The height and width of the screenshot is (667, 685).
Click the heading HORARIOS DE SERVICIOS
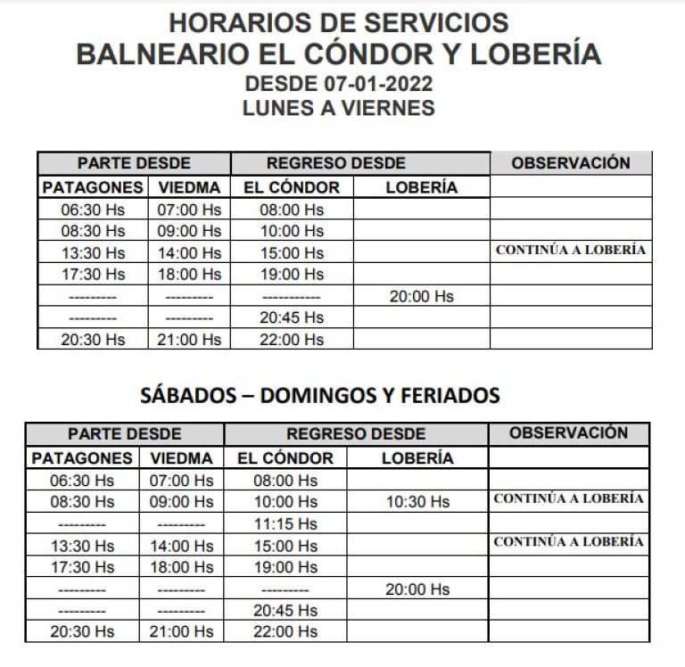pyautogui.click(x=338, y=22)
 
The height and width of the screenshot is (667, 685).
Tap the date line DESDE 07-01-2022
pyautogui.click(x=338, y=86)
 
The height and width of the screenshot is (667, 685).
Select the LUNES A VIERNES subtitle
pyautogui.click(x=338, y=108)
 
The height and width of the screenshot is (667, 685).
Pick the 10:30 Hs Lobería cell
pyautogui.click(x=417, y=502)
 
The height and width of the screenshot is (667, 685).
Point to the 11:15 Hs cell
pyautogui.click(x=285, y=523)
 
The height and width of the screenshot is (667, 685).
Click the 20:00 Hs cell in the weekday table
pyautogui.click(x=421, y=296)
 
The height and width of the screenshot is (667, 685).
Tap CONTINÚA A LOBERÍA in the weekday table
pyautogui.click(x=570, y=251)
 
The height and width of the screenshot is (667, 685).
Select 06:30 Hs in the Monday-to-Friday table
pyautogui.click(x=93, y=210)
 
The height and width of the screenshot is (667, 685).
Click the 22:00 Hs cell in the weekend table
pyautogui.click(x=285, y=631)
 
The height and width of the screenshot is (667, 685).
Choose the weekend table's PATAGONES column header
pyautogui.click(x=81, y=458)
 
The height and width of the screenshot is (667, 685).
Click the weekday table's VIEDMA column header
pyautogui.click(x=189, y=188)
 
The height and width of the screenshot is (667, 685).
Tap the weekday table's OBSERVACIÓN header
pyautogui.click(x=571, y=163)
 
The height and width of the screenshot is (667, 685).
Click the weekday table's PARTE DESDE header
pyautogui.click(x=134, y=164)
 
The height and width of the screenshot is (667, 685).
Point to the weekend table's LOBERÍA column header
pyautogui.click(x=417, y=458)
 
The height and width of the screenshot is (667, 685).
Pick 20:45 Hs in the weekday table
pyautogui.click(x=292, y=317)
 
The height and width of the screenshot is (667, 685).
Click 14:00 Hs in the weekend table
pyautogui.click(x=182, y=546)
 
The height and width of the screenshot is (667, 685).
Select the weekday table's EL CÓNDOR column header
pyautogui.click(x=292, y=188)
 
